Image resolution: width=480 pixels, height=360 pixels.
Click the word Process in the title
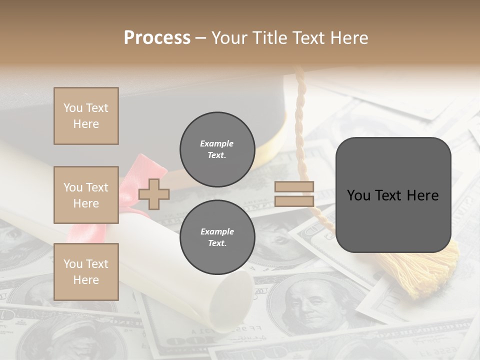157,37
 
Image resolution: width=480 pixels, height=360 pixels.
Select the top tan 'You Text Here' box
86,116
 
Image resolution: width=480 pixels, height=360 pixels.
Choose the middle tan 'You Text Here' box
86,195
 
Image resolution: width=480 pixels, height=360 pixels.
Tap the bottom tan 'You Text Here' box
86,272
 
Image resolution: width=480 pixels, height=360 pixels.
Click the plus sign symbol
154,194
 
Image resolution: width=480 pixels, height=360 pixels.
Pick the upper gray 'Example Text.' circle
217,149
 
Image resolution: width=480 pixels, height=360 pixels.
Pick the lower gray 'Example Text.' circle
217,237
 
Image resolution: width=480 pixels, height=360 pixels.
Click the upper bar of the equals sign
294,187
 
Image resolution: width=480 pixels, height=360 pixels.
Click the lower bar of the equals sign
294,201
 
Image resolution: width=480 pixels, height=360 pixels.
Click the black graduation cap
210,97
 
